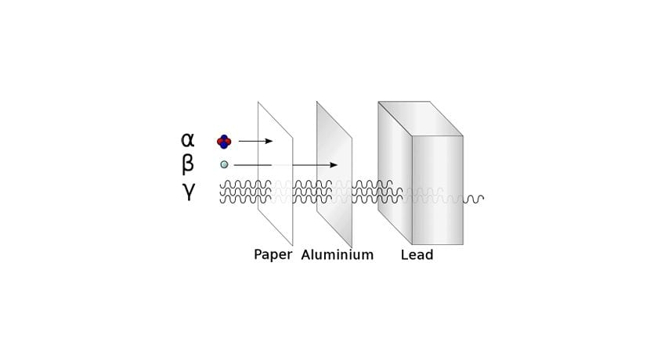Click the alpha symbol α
(x=187, y=140)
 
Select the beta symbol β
(x=188, y=164)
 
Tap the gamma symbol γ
(x=188, y=191)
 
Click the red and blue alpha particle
(x=224, y=141)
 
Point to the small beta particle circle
(x=224, y=164)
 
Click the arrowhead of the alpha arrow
(x=269, y=141)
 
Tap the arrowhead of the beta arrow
(x=334, y=164)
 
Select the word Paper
(x=273, y=255)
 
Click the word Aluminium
(x=338, y=255)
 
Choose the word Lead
(x=417, y=255)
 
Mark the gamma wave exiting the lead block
(x=473, y=198)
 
